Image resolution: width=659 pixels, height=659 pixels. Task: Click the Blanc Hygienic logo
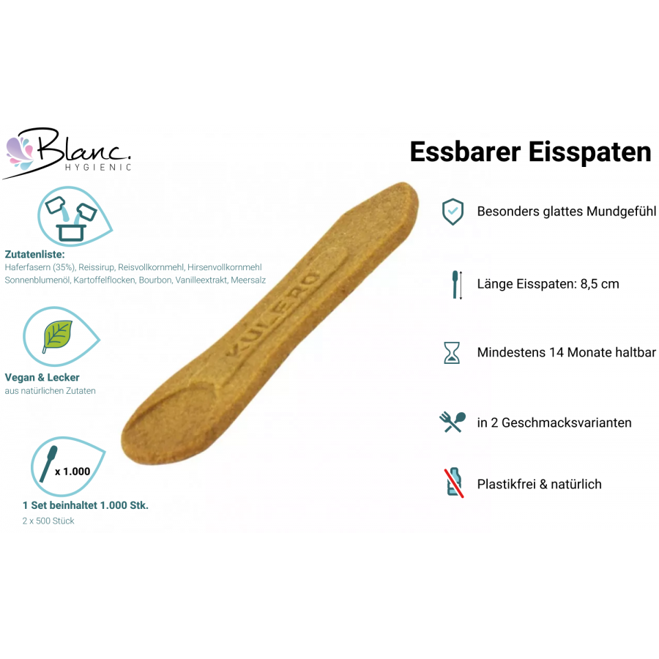[67, 153]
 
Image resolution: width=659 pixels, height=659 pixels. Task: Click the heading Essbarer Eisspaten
[530, 152]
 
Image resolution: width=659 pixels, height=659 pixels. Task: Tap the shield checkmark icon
[453, 212]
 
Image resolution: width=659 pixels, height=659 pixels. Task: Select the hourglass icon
[452, 353]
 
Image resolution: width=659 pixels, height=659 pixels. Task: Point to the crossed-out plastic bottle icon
[454, 483]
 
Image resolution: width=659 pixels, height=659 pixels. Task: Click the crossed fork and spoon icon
[453, 422]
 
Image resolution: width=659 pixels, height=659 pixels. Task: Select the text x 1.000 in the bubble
[72, 472]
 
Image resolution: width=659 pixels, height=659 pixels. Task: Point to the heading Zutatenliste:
[35, 254]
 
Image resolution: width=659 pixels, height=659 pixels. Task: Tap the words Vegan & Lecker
[42, 377]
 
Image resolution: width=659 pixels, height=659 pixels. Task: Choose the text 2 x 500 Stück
[48, 521]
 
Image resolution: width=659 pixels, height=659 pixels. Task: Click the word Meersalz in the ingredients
[248, 280]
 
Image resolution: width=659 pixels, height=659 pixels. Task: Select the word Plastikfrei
[507, 484]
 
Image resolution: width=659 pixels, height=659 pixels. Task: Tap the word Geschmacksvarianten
[567, 422]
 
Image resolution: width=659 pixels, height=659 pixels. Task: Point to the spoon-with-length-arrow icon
[457, 285]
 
